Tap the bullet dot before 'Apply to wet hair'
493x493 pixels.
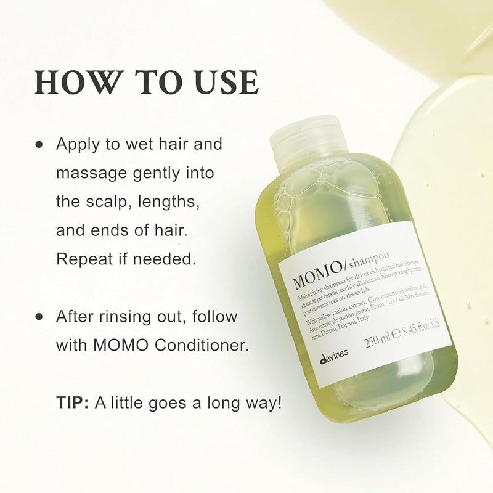39,145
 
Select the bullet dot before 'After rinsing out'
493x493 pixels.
39,317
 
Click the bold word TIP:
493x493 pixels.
73,403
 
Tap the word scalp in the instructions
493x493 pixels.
119,202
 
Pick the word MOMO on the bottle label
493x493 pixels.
312,271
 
